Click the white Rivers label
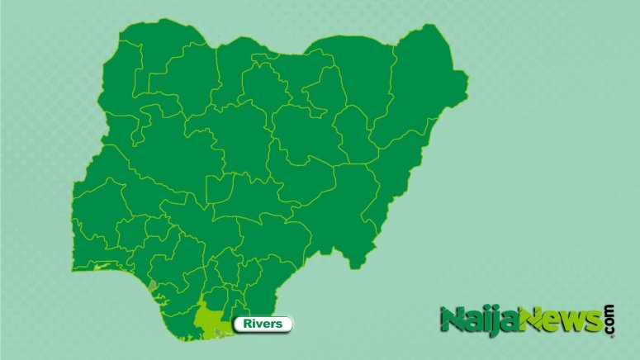coord(263,324)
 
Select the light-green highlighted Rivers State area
coord(208,319)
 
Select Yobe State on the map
coord(347,74)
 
